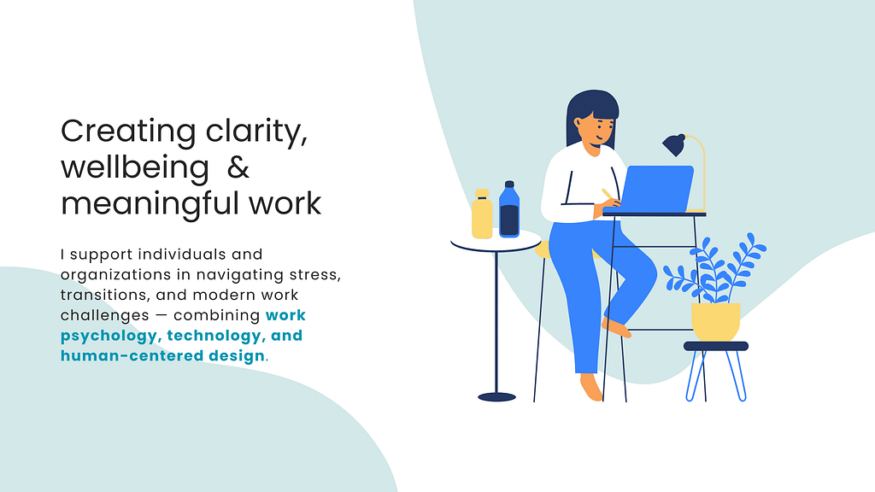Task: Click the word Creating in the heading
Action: point(128,132)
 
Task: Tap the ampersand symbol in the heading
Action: point(238,167)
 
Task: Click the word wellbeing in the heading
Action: point(135,168)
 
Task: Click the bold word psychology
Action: point(109,337)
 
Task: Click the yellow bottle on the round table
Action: point(482,214)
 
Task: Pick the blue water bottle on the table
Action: point(509,210)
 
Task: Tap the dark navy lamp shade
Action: point(673,144)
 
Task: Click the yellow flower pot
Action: point(715,322)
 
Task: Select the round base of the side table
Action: point(496,397)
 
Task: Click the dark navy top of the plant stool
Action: point(716,347)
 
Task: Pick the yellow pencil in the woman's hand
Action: point(608,194)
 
